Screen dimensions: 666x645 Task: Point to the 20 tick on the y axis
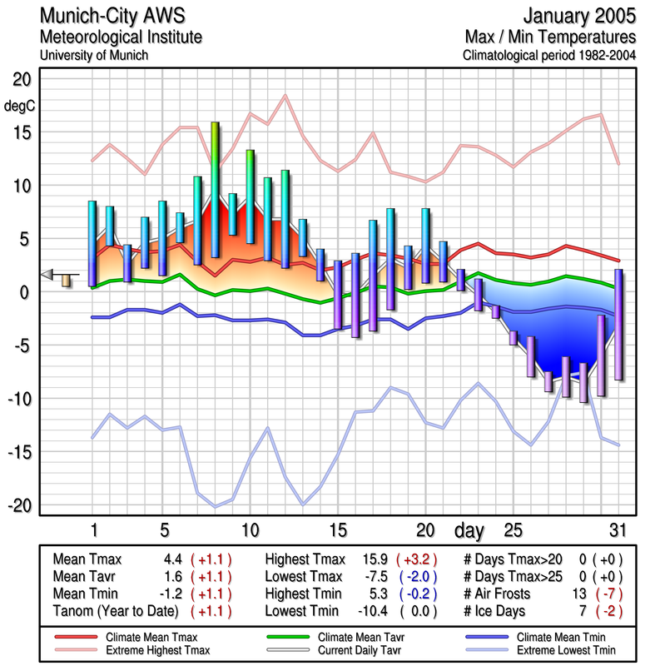tap(20, 79)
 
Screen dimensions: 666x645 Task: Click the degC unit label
tap(19, 107)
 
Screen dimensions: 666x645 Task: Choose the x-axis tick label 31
tap(616, 530)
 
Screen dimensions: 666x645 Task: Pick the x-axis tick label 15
tap(337, 530)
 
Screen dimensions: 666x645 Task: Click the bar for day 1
tap(92, 244)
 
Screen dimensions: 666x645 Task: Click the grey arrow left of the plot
tap(48, 275)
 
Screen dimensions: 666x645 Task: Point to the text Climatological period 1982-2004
tap(549, 56)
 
